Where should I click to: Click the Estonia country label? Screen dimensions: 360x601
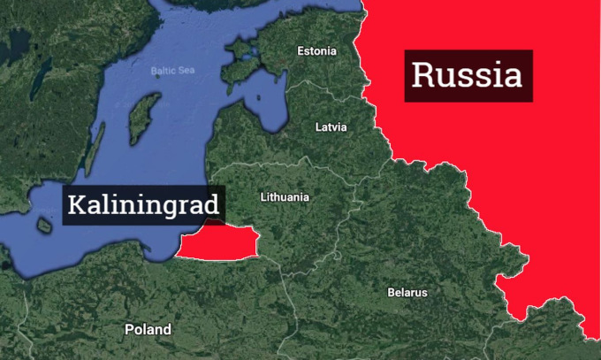(x=316, y=50)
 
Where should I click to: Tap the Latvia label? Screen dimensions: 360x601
(x=331, y=127)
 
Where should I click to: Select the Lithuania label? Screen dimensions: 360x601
(x=285, y=196)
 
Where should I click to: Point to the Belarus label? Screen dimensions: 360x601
(x=407, y=292)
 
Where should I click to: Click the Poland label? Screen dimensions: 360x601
(x=148, y=329)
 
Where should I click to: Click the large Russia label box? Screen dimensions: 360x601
(x=468, y=74)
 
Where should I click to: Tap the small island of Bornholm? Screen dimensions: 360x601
(x=44, y=226)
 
